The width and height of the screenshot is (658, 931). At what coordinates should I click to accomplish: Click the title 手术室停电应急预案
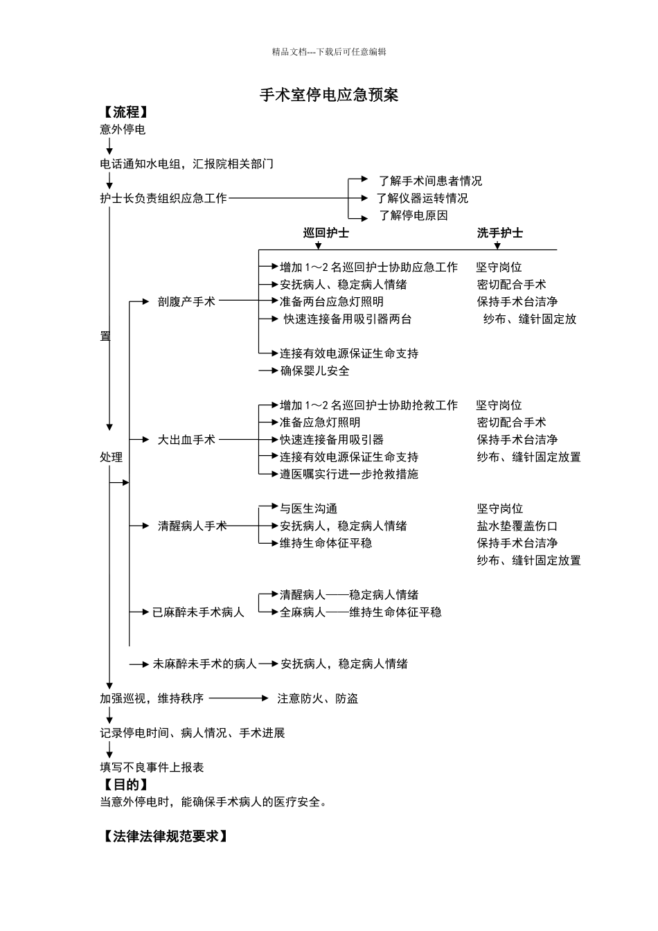click(329, 95)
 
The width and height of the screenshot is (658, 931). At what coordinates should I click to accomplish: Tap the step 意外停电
click(123, 130)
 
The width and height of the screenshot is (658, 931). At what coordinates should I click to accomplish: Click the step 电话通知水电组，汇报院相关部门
click(186, 164)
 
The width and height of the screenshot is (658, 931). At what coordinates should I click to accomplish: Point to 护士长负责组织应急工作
click(163, 198)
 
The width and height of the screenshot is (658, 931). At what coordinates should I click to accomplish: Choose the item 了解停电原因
click(413, 215)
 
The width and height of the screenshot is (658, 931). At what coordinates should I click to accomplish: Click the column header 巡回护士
click(326, 233)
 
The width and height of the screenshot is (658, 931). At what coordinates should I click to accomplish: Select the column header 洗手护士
click(499, 233)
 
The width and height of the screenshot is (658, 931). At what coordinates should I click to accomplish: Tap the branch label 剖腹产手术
click(186, 302)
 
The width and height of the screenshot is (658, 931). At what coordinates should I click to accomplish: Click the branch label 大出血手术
click(186, 440)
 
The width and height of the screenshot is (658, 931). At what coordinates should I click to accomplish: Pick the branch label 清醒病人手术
click(192, 526)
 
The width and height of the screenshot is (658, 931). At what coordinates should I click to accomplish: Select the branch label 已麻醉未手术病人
click(198, 612)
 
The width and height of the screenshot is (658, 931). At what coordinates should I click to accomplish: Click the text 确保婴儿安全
click(314, 371)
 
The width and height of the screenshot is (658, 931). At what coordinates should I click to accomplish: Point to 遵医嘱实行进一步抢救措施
click(349, 475)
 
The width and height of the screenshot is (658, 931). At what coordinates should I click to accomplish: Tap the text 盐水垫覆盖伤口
click(517, 526)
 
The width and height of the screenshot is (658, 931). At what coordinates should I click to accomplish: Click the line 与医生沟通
click(308, 508)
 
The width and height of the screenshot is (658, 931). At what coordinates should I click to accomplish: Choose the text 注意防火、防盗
click(318, 698)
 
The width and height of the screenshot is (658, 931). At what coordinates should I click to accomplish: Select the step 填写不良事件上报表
click(152, 768)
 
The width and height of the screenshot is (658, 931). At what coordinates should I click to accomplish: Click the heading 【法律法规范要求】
click(166, 837)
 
